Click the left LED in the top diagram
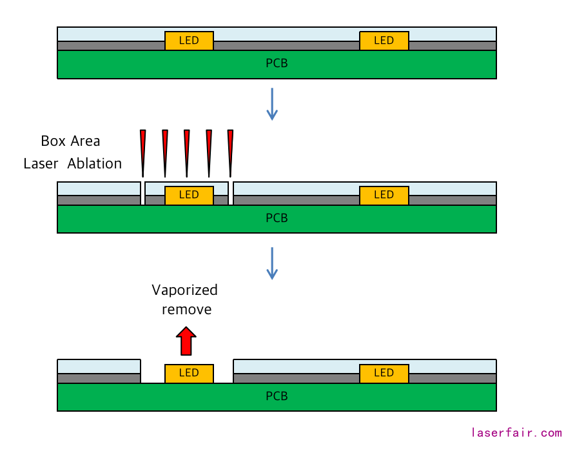(x=189, y=41)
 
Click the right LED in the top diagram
(x=384, y=41)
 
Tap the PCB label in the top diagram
(x=277, y=63)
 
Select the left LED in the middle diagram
(x=189, y=195)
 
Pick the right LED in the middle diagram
(x=384, y=195)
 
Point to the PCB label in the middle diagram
(x=277, y=218)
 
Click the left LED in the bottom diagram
(x=189, y=373)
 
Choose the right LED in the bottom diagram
(x=384, y=373)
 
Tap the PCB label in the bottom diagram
(x=277, y=396)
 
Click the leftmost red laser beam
(x=143, y=152)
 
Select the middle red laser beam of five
(x=186, y=152)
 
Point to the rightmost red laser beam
(x=230, y=152)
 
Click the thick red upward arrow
(x=186, y=341)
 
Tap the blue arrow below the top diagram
(x=272, y=104)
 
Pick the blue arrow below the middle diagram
(x=272, y=263)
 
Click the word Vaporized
(x=185, y=290)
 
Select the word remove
(x=186, y=310)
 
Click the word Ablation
(x=95, y=164)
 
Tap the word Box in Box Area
(x=54, y=141)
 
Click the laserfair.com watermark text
(x=516, y=433)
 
